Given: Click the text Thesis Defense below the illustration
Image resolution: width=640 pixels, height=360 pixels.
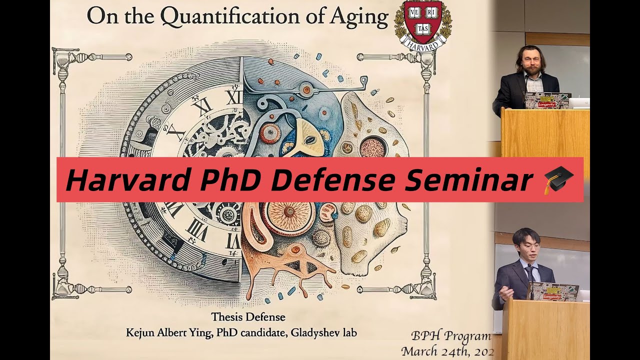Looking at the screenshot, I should coord(248,317).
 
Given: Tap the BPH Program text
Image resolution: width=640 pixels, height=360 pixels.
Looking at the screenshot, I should coord(451,336).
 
